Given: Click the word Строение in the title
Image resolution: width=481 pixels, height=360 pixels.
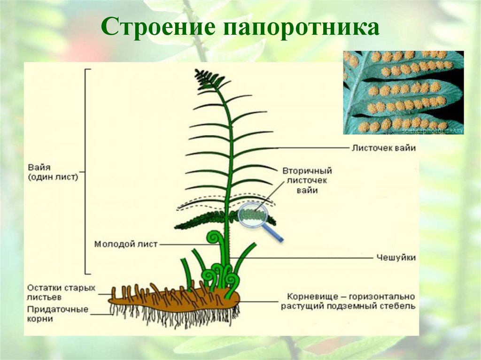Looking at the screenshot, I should (157, 28).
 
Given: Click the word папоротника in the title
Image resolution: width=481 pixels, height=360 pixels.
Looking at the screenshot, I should (301, 28).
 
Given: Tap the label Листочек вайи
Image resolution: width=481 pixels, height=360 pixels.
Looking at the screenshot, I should (383, 148).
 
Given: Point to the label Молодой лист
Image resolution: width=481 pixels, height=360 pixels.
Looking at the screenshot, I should (126, 244).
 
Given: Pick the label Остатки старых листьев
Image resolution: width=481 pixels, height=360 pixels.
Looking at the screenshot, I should (61, 292).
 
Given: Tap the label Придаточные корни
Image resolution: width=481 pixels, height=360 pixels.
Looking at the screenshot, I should (58, 314).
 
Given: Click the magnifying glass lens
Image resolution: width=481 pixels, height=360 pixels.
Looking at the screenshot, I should (253, 215).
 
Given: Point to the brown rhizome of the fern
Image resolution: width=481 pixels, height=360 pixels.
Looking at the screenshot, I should (174, 301).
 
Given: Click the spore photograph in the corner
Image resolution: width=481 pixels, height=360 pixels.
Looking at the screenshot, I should (403, 92).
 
